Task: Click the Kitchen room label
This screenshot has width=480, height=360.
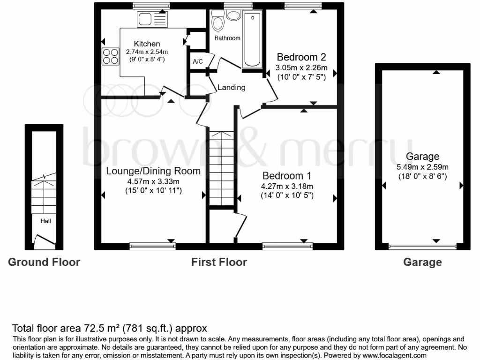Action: pyautogui.click(x=147, y=44)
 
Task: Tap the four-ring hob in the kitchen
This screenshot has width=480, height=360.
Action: pyautogui.click(x=111, y=56)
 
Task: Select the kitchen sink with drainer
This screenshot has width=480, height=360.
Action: pyautogui.click(x=152, y=20)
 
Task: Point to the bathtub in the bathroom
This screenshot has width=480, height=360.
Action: pyautogui.click(x=252, y=40)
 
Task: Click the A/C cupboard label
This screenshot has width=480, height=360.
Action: pyautogui.click(x=197, y=61)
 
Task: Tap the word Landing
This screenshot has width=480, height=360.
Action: pyautogui.click(x=231, y=87)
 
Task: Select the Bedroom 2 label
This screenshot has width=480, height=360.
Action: pyautogui.click(x=301, y=57)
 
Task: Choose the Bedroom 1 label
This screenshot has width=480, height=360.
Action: pyautogui.click(x=286, y=176)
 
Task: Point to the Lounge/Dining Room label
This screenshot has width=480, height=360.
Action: pyautogui.click(x=153, y=171)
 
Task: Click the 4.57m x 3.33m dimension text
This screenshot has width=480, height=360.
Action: pyautogui.click(x=153, y=181)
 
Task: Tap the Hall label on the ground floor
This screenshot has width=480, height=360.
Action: pyautogui.click(x=45, y=221)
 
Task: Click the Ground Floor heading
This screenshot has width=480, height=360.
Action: pyautogui.click(x=44, y=262)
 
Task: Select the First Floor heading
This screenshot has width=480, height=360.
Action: pyautogui.click(x=219, y=262)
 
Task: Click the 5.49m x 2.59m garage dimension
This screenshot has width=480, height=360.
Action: pyautogui.click(x=422, y=167)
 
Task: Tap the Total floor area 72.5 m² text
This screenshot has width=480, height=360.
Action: pyautogui.click(x=109, y=328)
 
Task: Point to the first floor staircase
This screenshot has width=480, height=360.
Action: pyautogui.click(x=221, y=169)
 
